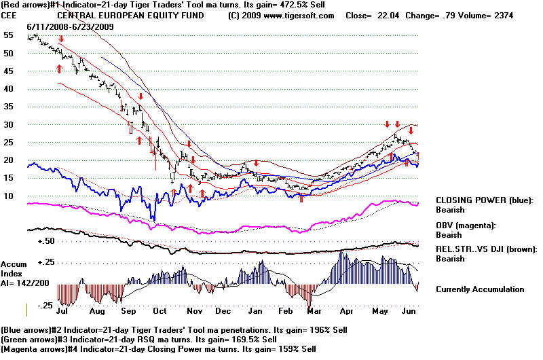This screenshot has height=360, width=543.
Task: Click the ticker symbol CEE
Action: [x=8, y=16]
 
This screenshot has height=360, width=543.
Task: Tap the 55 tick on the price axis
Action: [x=8, y=35]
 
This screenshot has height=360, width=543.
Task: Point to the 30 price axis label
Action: [x=8, y=124]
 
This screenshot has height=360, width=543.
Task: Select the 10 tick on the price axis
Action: [x=8, y=196]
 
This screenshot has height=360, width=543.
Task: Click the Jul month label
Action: [x=62, y=311]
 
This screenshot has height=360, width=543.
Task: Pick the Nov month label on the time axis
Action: [x=194, y=311]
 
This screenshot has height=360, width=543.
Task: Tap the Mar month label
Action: [x=314, y=311]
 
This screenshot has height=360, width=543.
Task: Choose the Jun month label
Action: [x=409, y=311]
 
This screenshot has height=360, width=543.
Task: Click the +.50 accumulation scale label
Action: [x=46, y=241]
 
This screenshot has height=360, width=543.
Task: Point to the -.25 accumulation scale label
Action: [x=45, y=305]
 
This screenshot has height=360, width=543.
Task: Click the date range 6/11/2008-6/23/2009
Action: [x=71, y=27]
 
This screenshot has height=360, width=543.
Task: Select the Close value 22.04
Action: [x=388, y=16]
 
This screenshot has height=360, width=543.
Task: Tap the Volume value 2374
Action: [x=504, y=16]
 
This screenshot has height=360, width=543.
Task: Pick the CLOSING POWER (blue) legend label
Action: [x=485, y=200]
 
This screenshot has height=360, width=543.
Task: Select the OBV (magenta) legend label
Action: [x=466, y=226]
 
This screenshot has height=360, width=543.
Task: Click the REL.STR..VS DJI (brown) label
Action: [x=487, y=249]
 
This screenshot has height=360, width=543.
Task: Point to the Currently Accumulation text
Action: [x=480, y=289]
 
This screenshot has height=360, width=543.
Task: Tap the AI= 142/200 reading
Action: [x=25, y=283]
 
